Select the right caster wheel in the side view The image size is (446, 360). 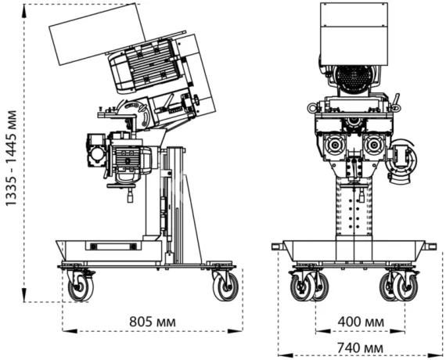(225, 286)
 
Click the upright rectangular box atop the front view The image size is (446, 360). (354, 31)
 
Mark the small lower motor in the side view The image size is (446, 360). (125, 157)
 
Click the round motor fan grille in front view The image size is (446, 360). (354, 80)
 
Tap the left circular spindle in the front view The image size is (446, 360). (334, 143)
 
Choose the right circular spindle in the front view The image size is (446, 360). (373, 143)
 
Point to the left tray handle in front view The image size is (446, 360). (277, 247)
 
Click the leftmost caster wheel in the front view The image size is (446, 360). (301, 287)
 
